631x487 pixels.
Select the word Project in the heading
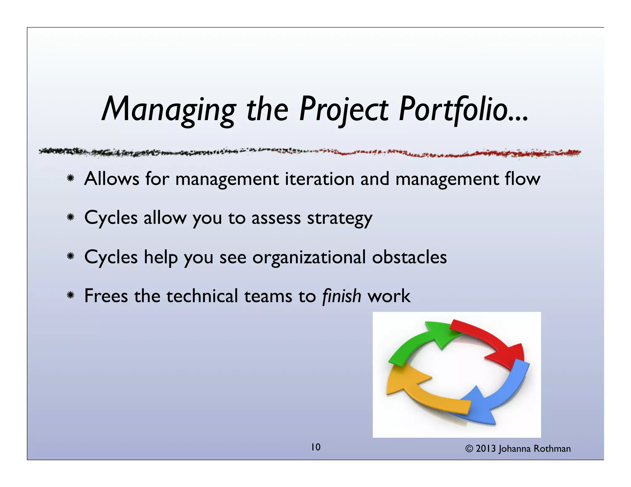tap(344, 109)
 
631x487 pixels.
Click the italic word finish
tap(341, 296)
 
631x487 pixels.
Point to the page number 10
tap(315, 447)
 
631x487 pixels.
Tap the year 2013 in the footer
tap(486, 449)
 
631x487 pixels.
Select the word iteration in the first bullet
tap(320, 179)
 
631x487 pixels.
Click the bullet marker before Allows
tap(71, 178)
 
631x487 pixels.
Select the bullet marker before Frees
tap(71, 296)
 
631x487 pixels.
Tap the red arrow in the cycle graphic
tap(490, 342)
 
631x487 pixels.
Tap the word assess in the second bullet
tap(276, 218)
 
